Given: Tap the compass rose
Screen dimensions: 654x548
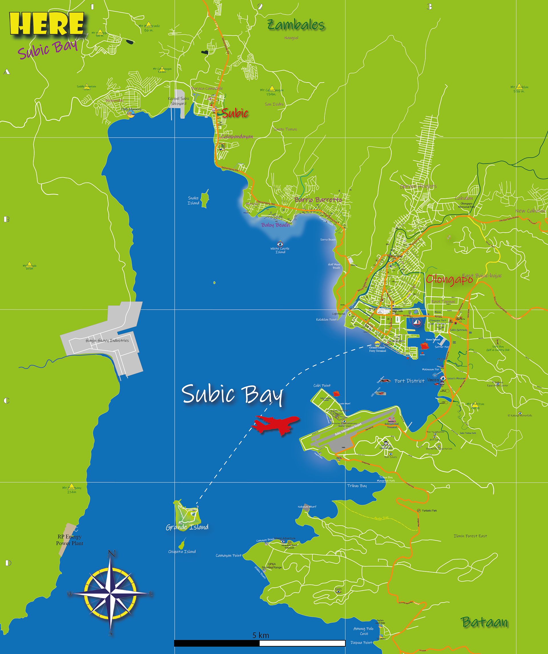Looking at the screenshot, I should click(110, 593).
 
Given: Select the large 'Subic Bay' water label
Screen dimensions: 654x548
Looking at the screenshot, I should click(232, 394).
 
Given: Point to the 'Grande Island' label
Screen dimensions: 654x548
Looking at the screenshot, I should click(187, 527).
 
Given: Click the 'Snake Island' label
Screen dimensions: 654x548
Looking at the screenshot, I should click(193, 200).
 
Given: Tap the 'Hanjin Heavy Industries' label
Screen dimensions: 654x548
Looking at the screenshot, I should click(107, 340).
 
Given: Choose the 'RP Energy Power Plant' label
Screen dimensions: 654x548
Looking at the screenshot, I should click(69, 540).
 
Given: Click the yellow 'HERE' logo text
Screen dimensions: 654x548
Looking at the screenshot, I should click(47, 24).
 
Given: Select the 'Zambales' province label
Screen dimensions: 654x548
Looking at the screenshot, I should click(296, 25).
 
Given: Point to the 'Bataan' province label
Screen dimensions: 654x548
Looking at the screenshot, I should click(484, 622).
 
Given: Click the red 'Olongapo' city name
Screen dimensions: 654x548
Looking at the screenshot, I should click(449, 279).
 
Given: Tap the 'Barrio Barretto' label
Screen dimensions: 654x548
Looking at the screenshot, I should click(318, 200).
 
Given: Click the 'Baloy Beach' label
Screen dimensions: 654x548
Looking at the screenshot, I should click(275, 225).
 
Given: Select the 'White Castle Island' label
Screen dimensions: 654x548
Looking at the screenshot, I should click(280, 250).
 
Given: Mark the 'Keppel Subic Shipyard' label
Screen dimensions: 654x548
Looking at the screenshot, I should click(179, 101).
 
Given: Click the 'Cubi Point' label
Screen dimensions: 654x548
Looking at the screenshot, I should click(322, 385).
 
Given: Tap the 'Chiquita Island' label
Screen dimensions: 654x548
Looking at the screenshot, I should click(182, 552).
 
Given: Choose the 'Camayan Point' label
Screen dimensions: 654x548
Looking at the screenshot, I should click(229, 555).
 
